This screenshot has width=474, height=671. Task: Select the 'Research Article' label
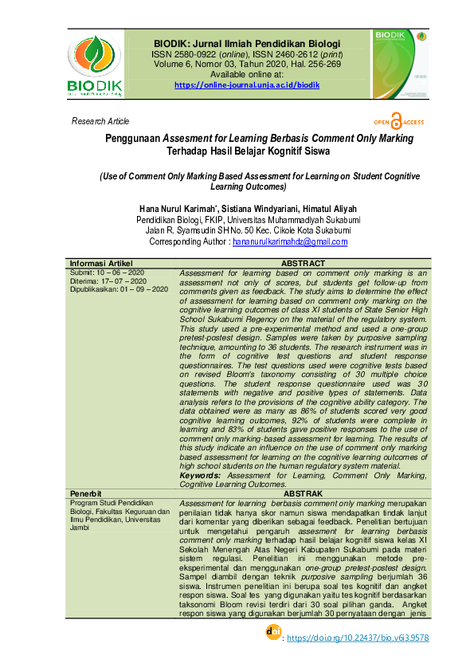pyautogui.click(x=100, y=121)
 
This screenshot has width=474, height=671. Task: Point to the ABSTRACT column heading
pyautogui.click(x=304, y=264)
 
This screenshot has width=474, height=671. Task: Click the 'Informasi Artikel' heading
pyautogui.click(x=101, y=264)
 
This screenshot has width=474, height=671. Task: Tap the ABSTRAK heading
pyautogui.click(x=303, y=494)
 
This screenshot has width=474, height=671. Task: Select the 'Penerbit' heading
pyautogui.click(x=85, y=494)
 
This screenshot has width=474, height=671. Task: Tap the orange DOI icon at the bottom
pyautogui.click(x=272, y=632)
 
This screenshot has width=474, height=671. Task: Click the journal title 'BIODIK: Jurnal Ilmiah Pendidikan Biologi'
pyautogui.click(x=247, y=43)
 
